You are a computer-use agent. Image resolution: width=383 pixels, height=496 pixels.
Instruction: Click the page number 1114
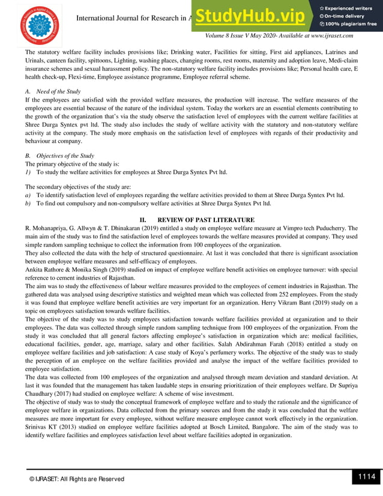pos(366,477)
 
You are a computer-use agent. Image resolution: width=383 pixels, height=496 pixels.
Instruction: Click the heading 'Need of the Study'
pos(58,91)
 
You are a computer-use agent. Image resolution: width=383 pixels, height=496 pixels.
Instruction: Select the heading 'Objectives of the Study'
pos(65,156)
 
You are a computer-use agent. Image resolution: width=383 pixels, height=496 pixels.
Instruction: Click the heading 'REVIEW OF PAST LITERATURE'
pos(206,220)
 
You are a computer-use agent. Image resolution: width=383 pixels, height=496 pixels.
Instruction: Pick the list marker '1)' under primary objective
pos(28,171)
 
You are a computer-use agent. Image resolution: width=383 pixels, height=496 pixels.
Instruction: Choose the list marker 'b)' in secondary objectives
pos(28,204)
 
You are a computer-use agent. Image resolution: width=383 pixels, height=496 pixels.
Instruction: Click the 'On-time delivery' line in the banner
pos(345,16)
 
